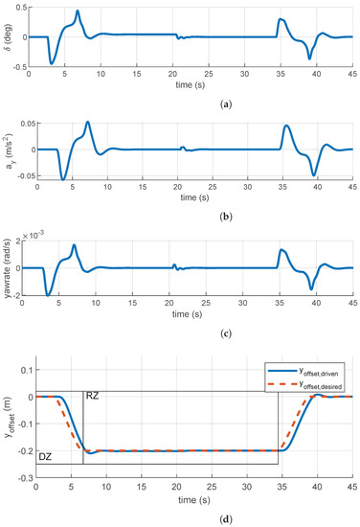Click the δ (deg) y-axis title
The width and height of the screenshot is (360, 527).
click(8, 37)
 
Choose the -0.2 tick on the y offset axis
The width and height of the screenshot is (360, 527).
click(23, 450)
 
